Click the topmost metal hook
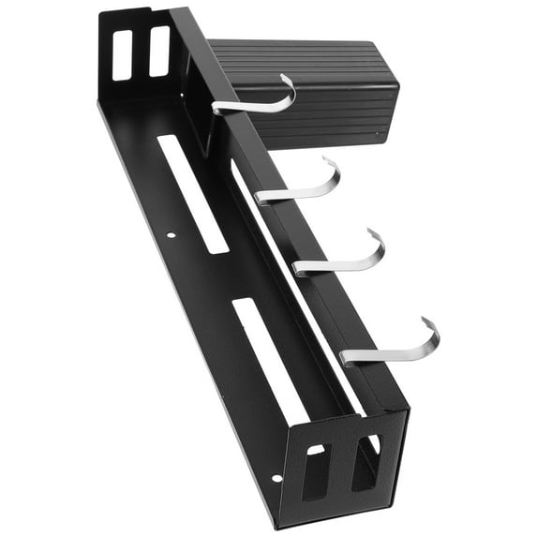[x=253, y=102]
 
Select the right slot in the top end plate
[x=158, y=51]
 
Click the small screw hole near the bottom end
[x=276, y=478]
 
